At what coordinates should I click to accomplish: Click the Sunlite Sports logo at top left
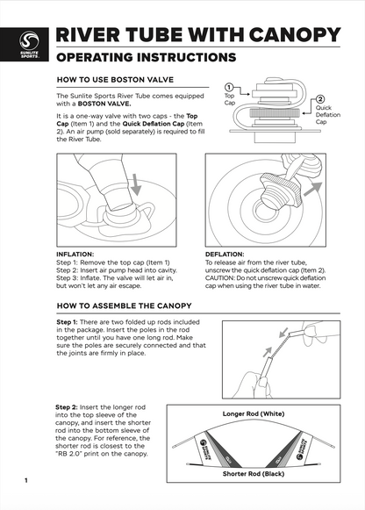tap(29, 45)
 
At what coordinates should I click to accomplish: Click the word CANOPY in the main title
tap(295, 35)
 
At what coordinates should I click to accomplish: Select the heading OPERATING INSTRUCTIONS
tap(146, 57)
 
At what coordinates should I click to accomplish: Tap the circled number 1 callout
tap(229, 87)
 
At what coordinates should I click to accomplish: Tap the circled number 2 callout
tap(320, 99)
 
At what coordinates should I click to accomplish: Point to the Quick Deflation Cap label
tap(327, 115)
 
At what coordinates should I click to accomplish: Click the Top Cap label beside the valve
tap(230, 99)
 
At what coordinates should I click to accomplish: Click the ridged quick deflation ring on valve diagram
tap(275, 113)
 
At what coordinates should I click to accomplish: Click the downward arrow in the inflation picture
tap(137, 185)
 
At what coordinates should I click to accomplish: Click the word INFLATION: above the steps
tap(75, 255)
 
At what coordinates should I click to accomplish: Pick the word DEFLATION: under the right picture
tap(225, 255)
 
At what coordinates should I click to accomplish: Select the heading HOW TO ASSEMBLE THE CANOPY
tap(125, 305)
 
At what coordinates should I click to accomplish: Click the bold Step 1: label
tap(67, 322)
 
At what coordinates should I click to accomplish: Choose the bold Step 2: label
tap(67, 407)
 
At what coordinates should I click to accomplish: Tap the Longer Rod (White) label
tap(254, 413)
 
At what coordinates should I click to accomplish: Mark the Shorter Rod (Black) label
tap(254, 474)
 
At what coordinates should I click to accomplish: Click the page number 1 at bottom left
tap(26, 480)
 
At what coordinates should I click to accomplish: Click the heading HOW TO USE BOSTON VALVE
tap(115, 80)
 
